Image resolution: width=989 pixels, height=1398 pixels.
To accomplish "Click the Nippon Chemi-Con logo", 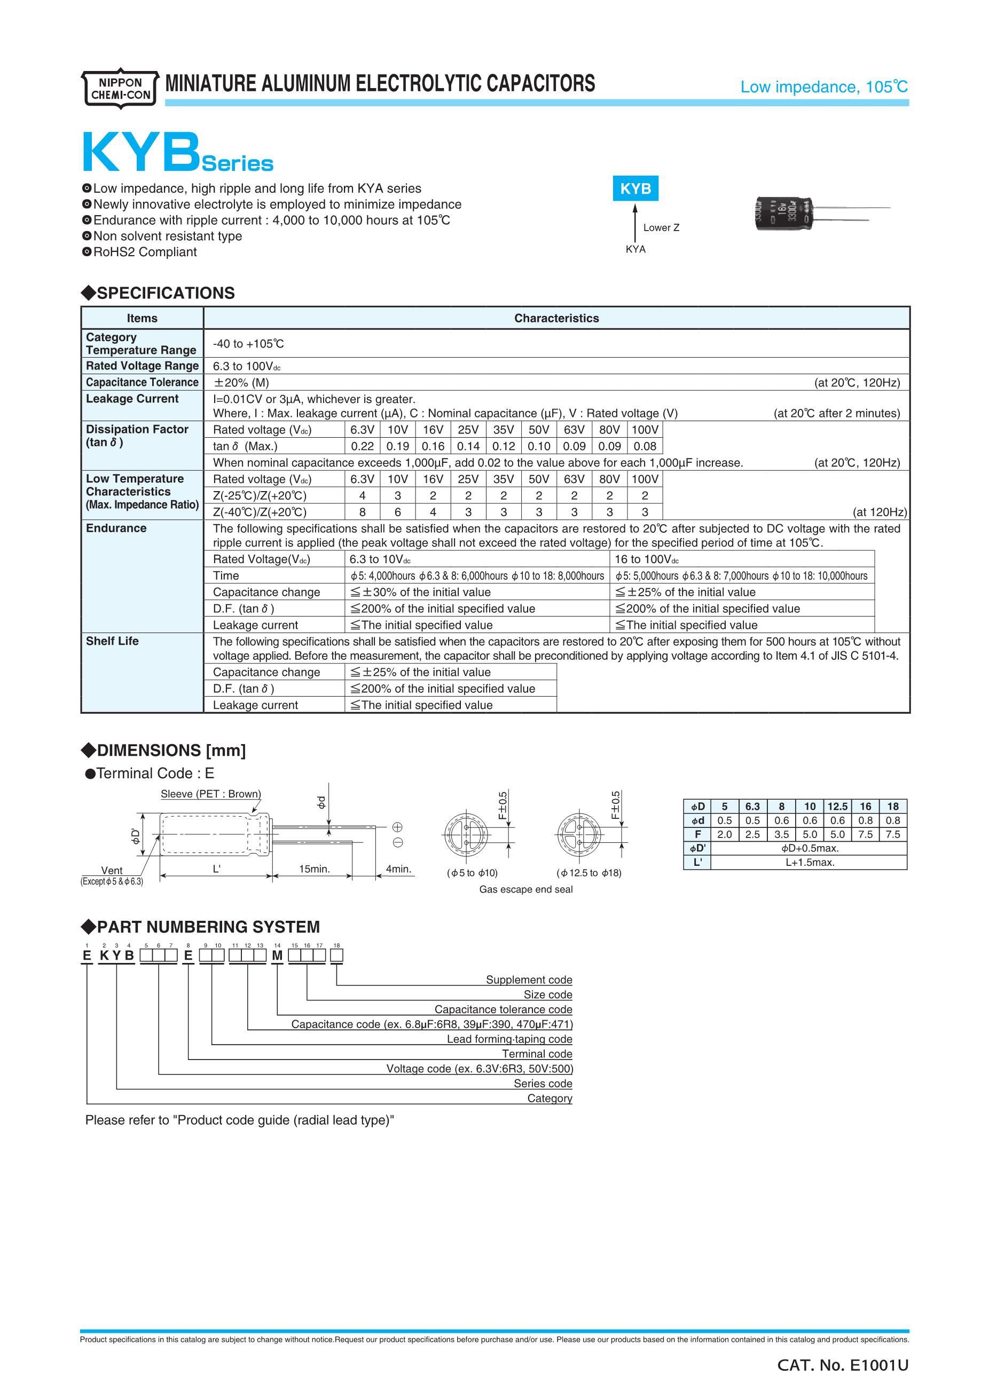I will coord(120,88).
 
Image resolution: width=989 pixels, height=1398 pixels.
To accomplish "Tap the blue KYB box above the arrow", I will coord(635,189).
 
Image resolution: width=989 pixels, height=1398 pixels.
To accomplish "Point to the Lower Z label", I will coord(661,228).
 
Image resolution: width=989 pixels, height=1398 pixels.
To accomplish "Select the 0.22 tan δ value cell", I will coord(363,446).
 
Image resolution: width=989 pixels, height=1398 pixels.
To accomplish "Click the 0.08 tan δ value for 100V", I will coord(645,446).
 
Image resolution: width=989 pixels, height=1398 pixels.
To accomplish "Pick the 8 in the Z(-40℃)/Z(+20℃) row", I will coord(363,512).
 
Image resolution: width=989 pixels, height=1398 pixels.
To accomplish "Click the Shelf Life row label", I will coord(112,641).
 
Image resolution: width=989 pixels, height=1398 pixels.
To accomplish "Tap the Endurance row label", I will coord(116,528).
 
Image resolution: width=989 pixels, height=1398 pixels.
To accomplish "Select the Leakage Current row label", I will coord(132,399).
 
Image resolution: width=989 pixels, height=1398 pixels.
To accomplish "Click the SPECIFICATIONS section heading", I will coord(165,294).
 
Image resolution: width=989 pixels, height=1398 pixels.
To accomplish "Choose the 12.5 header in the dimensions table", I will coord(837,806).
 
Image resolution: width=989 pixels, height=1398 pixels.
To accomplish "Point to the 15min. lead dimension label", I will coord(314,869).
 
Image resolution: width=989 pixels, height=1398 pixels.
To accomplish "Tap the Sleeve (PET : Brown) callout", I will coord(211,794).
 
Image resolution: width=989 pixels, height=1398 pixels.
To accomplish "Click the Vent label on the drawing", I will coord(112,871).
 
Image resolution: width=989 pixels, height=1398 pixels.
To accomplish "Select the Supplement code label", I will coord(529,980).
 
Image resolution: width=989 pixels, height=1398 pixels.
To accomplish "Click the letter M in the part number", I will coord(277,956).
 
